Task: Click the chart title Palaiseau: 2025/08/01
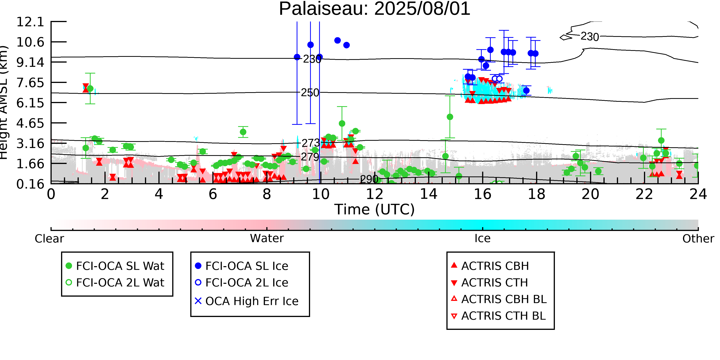tap(375, 9)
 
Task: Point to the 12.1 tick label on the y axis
tap(30, 22)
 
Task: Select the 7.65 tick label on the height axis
tap(30, 83)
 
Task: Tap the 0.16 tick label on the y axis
tap(30, 184)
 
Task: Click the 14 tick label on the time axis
tap(429, 194)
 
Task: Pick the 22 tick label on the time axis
tap(644, 194)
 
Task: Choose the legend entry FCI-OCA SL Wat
tap(115, 266)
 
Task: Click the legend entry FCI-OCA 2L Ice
tap(242, 283)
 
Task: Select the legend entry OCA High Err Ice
tap(247, 301)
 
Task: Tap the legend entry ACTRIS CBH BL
tap(499, 299)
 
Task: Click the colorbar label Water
tap(267, 238)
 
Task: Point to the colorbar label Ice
tap(482, 238)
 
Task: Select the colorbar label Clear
tap(49, 239)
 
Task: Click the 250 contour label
tap(310, 93)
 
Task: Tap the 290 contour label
tap(369, 179)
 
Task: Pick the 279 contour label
tap(310, 157)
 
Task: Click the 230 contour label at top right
tap(590, 37)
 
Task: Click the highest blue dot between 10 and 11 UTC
tap(337, 41)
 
